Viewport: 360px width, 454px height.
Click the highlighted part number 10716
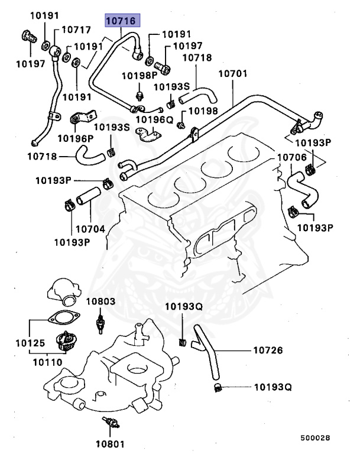(x=121, y=21)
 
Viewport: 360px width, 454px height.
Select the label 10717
(x=76, y=29)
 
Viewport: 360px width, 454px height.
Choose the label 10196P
(x=75, y=138)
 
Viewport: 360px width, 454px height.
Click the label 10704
(x=90, y=227)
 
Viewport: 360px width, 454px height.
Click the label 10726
(x=268, y=350)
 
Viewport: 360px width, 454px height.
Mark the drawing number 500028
(x=314, y=438)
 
